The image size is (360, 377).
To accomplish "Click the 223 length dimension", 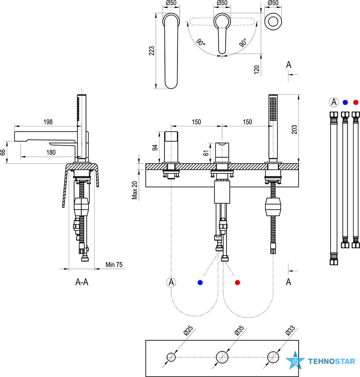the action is click(152, 51).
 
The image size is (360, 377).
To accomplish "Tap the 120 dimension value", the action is click(257, 69).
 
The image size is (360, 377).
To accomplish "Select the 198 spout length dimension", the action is click(48, 122).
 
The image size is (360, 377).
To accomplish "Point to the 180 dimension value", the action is click(51, 152).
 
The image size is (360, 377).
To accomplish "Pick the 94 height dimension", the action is click(155, 147).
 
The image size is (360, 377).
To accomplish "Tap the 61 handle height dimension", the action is click(206, 153).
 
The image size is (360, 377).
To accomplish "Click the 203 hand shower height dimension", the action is click(294, 129).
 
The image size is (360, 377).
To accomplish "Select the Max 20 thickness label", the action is click(135, 190).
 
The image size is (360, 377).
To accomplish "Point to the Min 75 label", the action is click(114, 265).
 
